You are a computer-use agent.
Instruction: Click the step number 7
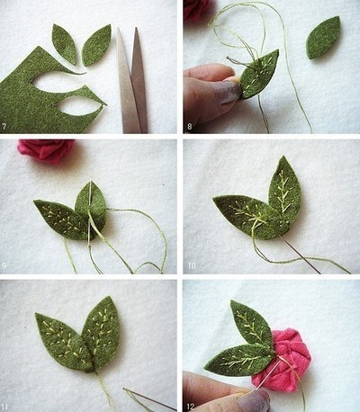(4, 126)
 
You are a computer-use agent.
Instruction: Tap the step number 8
(190, 126)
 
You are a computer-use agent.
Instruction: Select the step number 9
(4, 265)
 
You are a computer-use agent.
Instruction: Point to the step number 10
(192, 265)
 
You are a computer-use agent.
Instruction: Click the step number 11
(4, 407)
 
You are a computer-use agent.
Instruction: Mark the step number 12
(191, 407)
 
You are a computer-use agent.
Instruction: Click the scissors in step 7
(131, 81)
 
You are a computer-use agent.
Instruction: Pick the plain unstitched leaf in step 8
(323, 38)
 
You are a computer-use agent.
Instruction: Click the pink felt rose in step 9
(45, 151)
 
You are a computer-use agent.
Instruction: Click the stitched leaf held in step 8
(258, 75)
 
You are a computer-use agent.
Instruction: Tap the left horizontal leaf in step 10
(246, 216)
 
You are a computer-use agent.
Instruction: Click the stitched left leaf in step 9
(61, 219)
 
